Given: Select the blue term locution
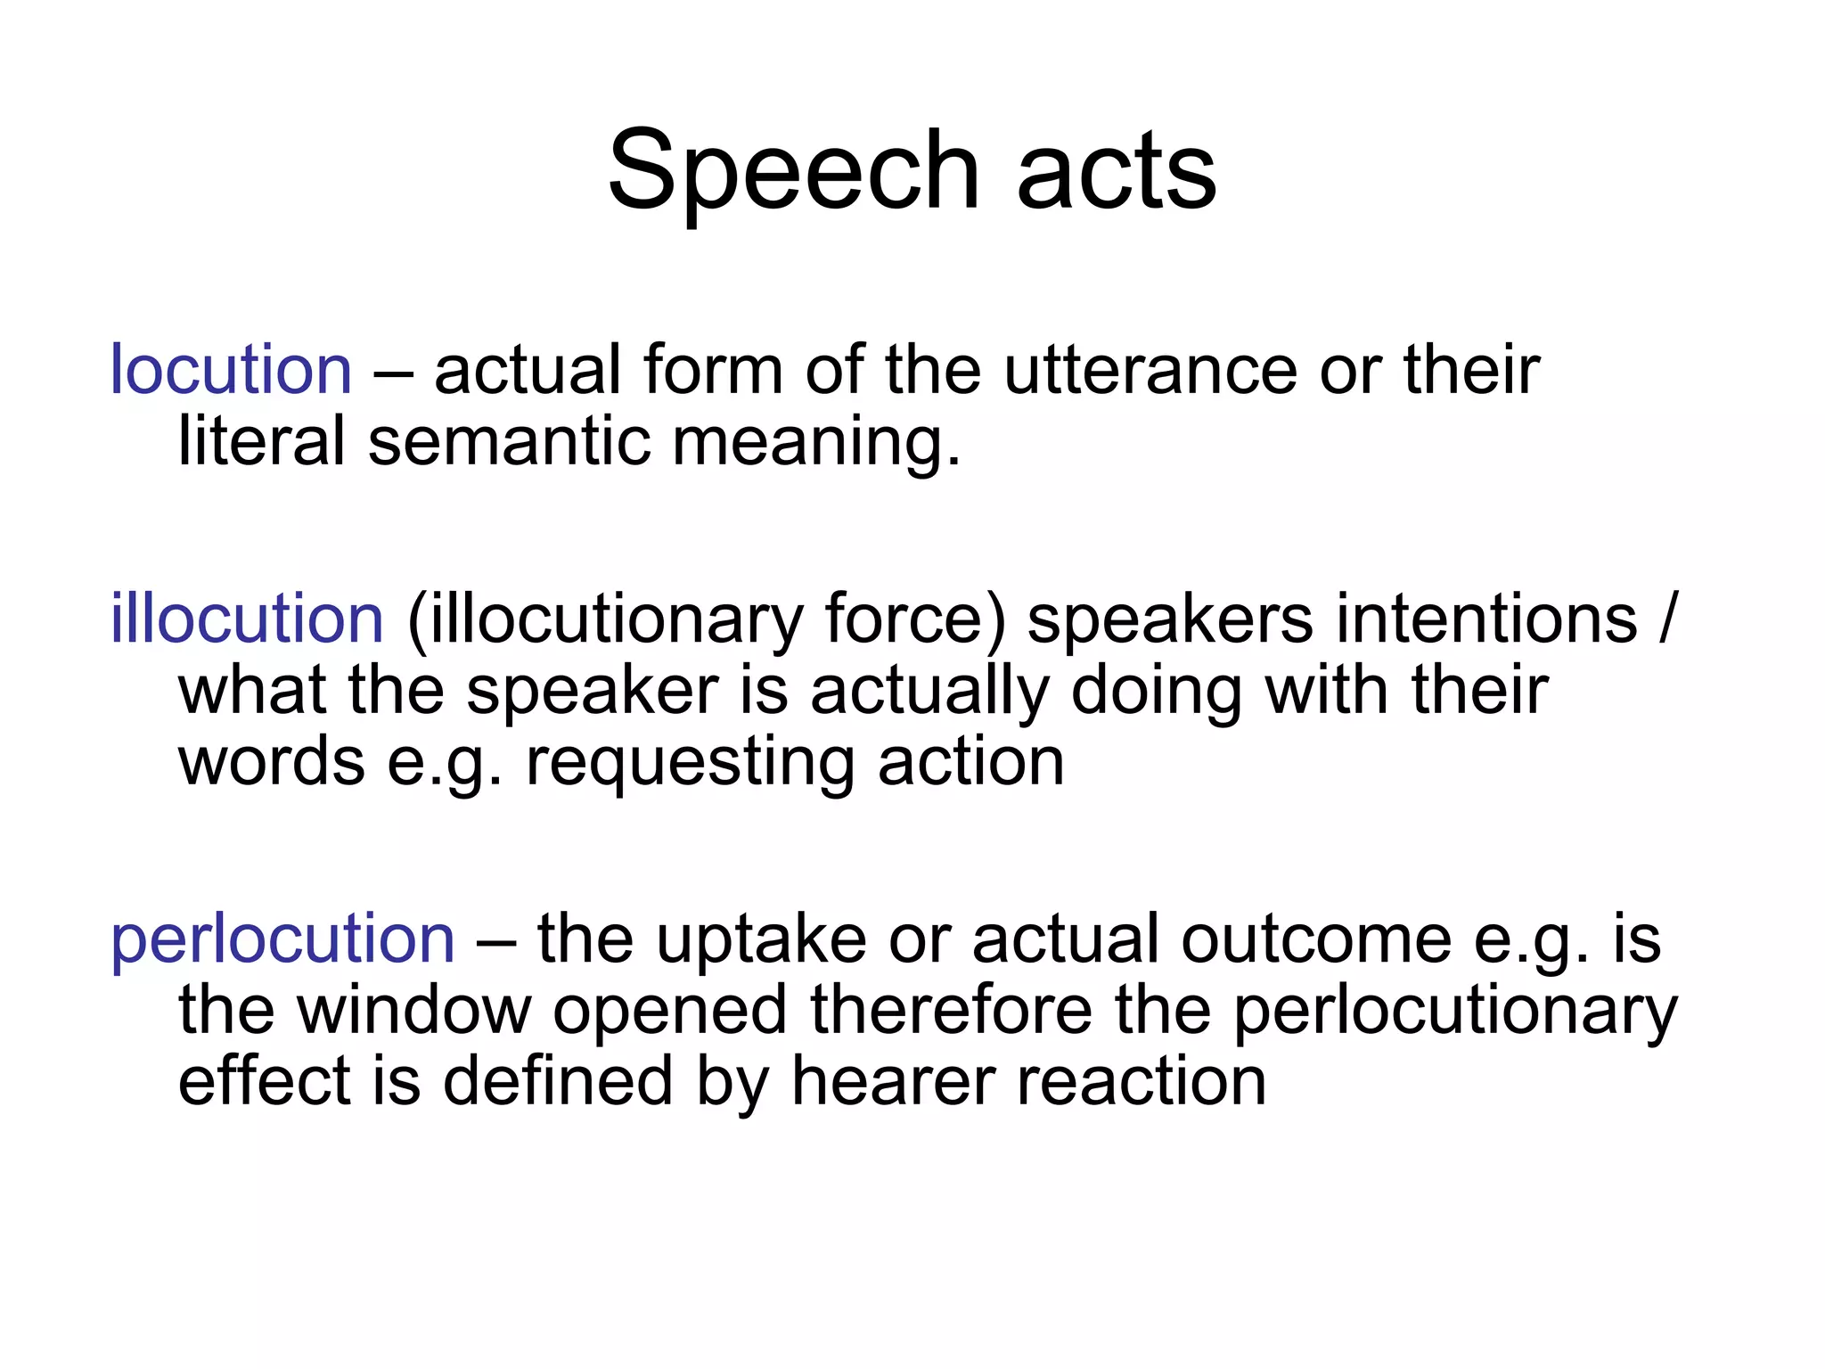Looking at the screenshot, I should tap(231, 370).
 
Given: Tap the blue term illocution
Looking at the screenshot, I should tap(247, 619).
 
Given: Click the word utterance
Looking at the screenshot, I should tap(1150, 370).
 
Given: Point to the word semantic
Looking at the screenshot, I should tap(509, 441).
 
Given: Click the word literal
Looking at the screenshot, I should tap(261, 441).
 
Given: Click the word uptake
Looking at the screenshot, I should tap(761, 940).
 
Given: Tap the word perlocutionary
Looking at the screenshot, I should tap(1455, 1012).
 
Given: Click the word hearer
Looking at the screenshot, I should tap(893, 1082).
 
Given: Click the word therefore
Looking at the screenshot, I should tap(951, 1011).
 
